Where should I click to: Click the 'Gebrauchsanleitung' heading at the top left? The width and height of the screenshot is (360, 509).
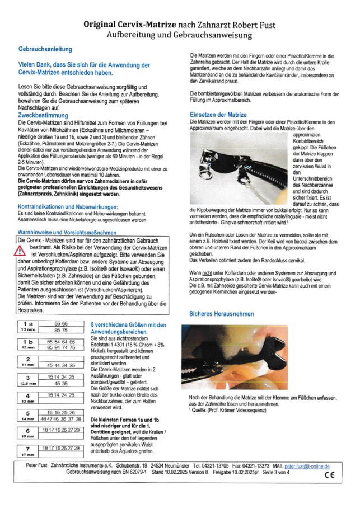45,50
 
